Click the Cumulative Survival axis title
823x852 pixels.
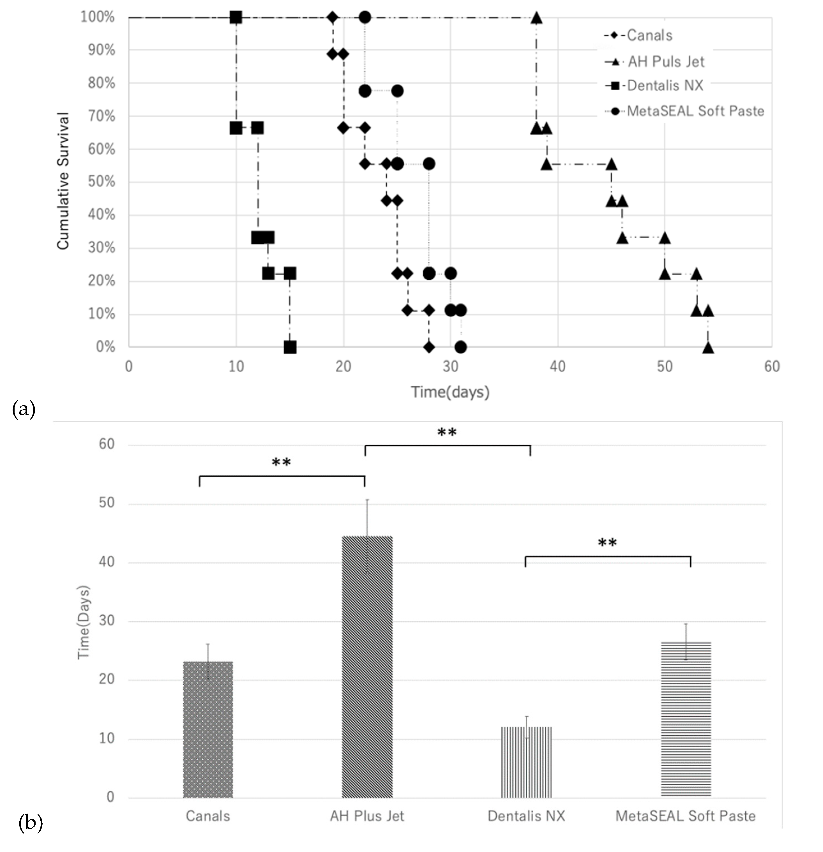click(63, 181)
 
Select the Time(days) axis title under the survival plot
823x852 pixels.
click(450, 392)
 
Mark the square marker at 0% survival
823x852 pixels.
click(290, 347)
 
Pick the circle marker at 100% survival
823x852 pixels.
click(365, 17)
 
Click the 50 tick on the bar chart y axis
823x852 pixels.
click(107, 503)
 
